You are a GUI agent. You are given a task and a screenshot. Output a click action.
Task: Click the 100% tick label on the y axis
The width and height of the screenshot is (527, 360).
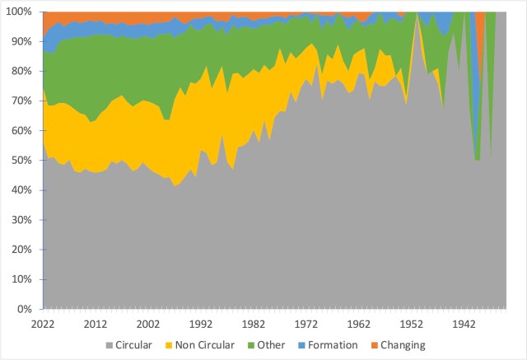(x=20, y=12)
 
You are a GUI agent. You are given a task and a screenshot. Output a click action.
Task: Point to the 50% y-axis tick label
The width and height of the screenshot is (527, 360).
(x=22, y=161)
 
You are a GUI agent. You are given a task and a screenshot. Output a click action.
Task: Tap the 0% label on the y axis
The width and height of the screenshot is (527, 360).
(x=25, y=310)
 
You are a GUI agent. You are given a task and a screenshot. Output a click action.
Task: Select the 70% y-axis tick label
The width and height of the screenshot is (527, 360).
(x=22, y=101)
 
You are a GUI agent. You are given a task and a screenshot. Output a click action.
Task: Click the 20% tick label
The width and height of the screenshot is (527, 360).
(x=22, y=250)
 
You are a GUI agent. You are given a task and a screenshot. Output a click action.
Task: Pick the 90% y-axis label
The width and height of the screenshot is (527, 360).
(x=22, y=41)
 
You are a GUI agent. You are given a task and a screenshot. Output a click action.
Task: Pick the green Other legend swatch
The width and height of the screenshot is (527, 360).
(x=252, y=345)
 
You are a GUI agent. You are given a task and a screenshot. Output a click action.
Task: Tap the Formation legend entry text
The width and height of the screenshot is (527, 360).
(x=333, y=345)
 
